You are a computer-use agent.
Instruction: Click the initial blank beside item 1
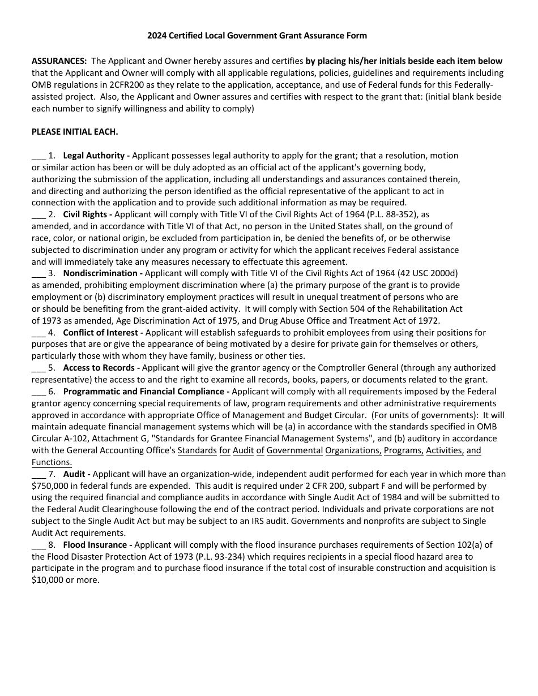pyautogui.click(x=38, y=156)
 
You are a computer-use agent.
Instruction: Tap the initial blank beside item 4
pyautogui.click(x=38, y=333)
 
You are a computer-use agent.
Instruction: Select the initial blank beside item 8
pyautogui.click(x=38, y=545)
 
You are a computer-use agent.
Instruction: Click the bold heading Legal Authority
pyautogui.click(x=94, y=156)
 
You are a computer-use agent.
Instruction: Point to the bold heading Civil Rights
pyautogui.click(x=86, y=214)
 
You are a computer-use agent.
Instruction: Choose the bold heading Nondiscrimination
pyautogui.click(x=100, y=273)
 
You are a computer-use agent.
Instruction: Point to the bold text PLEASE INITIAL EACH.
pyautogui.click(x=75, y=132)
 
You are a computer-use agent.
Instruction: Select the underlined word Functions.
pyautogui.click(x=52, y=462)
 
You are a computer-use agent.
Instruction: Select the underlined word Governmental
pyautogui.click(x=294, y=451)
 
